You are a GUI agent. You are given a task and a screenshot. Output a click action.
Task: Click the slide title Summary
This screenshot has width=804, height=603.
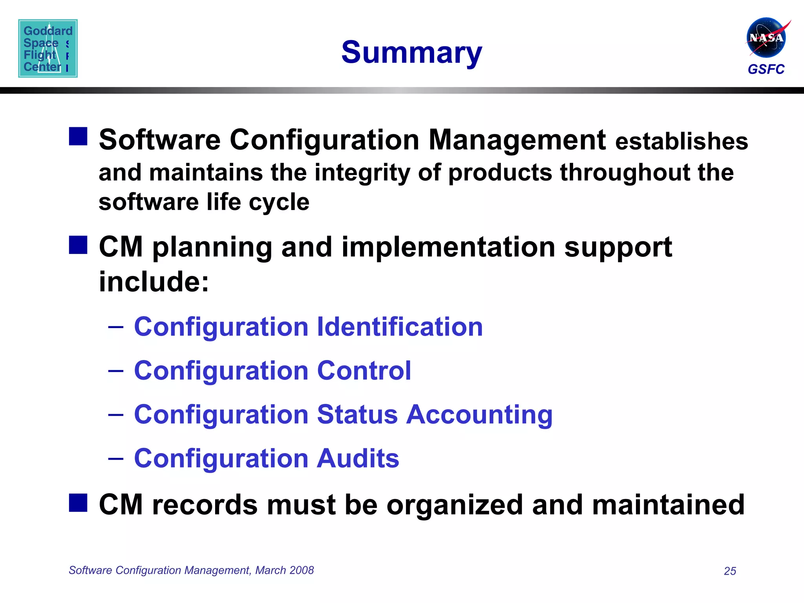[x=411, y=53]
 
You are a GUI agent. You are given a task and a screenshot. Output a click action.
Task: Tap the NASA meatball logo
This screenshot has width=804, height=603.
[x=766, y=38]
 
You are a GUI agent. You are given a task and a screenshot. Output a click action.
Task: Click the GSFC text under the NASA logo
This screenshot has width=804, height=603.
[x=766, y=69]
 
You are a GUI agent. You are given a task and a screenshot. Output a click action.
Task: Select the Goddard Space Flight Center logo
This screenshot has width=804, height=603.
[x=48, y=48]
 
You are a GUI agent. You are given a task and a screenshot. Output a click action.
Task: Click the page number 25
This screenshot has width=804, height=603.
[x=730, y=571]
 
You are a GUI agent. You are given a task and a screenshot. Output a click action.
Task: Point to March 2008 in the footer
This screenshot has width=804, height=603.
[x=285, y=570]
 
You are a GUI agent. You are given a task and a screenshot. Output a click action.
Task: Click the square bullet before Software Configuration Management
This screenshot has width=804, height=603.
[x=78, y=136]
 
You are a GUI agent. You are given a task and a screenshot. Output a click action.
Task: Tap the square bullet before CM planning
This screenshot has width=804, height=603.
[x=78, y=245]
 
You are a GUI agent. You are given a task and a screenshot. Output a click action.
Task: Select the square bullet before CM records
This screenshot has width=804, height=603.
[x=78, y=503]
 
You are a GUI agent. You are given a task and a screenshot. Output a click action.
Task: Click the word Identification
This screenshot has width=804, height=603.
[x=400, y=327]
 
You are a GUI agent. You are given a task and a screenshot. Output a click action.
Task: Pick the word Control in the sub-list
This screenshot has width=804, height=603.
[x=364, y=371]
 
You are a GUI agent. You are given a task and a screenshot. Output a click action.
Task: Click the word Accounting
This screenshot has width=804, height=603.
[x=479, y=415]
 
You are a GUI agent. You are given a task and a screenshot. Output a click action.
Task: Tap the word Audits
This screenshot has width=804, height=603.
[x=358, y=458]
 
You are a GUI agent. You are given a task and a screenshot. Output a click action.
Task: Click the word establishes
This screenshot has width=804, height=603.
[x=682, y=141]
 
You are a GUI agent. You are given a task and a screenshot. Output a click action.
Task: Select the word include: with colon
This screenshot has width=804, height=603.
[x=154, y=281]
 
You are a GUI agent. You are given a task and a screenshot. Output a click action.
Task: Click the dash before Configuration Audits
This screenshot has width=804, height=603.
[x=116, y=458]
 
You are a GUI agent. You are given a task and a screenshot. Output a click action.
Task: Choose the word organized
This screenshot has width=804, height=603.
[x=455, y=505]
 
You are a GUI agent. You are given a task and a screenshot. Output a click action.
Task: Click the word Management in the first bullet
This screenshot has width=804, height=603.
[x=517, y=140]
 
